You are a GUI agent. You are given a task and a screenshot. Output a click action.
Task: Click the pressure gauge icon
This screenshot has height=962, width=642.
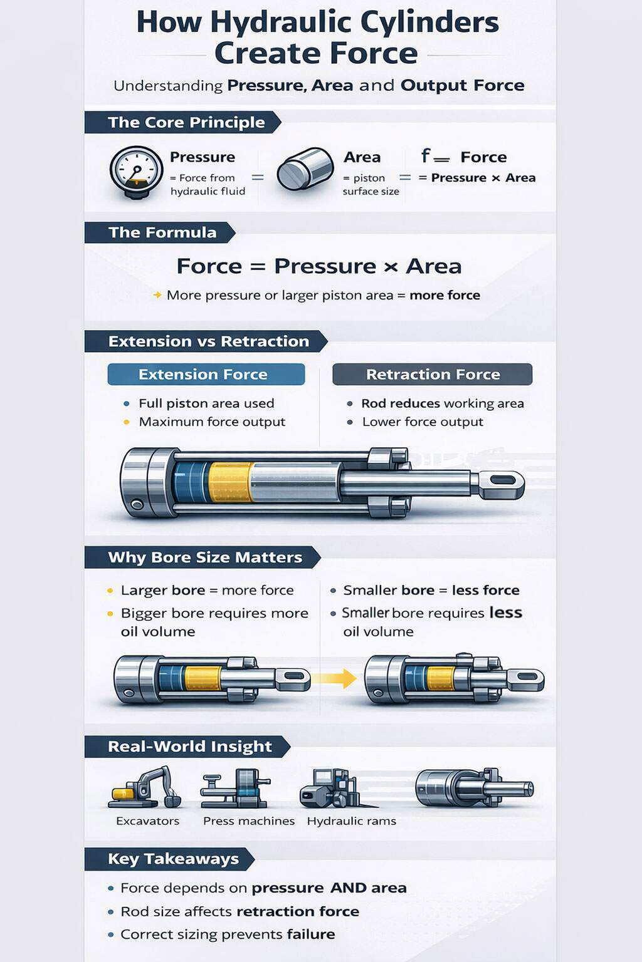tap(136, 172)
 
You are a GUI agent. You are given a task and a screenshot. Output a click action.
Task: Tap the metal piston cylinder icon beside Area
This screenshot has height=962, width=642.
tap(305, 168)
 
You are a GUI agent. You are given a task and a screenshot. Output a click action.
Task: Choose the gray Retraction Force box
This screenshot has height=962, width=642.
tap(432, 375)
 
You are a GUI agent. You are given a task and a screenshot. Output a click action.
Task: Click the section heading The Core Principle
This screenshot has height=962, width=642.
tap(186, 123)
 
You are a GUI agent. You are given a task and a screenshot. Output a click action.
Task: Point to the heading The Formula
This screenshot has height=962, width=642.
tap(162, 232)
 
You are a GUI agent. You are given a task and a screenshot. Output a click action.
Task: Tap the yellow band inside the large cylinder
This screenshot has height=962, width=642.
tap(231, 482)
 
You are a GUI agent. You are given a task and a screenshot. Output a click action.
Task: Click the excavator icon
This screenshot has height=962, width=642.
tap(146, 788)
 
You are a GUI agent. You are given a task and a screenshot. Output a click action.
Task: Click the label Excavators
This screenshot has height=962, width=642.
tap(147, 821)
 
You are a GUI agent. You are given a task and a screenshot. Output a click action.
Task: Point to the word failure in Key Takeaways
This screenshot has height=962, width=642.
tap(310, 934)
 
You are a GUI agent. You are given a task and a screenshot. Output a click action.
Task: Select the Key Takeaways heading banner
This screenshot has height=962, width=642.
tap(173, 859)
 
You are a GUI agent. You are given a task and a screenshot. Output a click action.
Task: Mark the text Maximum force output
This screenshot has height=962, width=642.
tap(212, 422)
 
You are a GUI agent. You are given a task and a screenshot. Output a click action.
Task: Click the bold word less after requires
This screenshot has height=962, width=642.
tap(505, 613)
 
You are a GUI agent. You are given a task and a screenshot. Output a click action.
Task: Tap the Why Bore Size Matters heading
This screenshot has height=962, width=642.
tap(204, 557)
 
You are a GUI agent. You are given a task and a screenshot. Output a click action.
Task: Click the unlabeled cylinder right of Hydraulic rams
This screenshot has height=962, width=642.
tap(473, 787)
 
